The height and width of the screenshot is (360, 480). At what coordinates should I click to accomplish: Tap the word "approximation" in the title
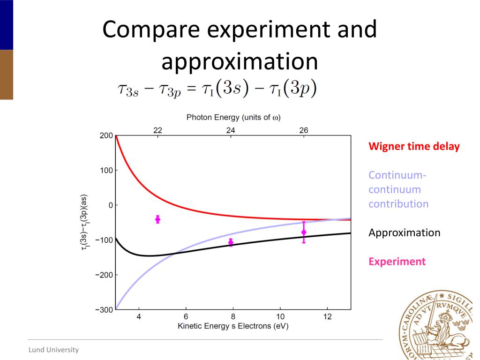click(x=240, y=62)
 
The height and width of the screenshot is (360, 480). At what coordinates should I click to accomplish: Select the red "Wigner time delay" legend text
click(x=414, y=146)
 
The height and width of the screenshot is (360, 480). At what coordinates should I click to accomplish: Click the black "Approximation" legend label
click(x=404, y=232)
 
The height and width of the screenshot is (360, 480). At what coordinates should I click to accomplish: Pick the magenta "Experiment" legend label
click(x=397, y=262)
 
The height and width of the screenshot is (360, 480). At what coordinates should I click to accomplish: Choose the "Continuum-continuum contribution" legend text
click(x=398, y=189)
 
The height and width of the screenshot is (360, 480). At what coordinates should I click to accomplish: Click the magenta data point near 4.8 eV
click(x=157, y=219)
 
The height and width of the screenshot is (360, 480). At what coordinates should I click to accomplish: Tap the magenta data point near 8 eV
click(x=231, y=242)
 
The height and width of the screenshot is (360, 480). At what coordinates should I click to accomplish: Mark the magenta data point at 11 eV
click(x=304, y=232)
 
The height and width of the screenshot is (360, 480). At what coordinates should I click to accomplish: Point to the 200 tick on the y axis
click(x=106, y=136)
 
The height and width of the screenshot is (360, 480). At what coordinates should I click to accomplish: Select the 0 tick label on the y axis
click(x=110, y=205)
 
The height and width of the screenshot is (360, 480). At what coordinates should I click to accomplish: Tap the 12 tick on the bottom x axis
click(x=327, y=317)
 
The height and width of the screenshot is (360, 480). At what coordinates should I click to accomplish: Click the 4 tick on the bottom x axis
click(x=139, y=317)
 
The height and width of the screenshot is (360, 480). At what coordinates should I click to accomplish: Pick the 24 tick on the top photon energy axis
click(x=231, y=130)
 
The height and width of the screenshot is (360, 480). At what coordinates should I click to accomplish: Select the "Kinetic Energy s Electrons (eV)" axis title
click(x=233, y=326)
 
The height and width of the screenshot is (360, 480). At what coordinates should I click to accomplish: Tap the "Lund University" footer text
click(x=53, y=350)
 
